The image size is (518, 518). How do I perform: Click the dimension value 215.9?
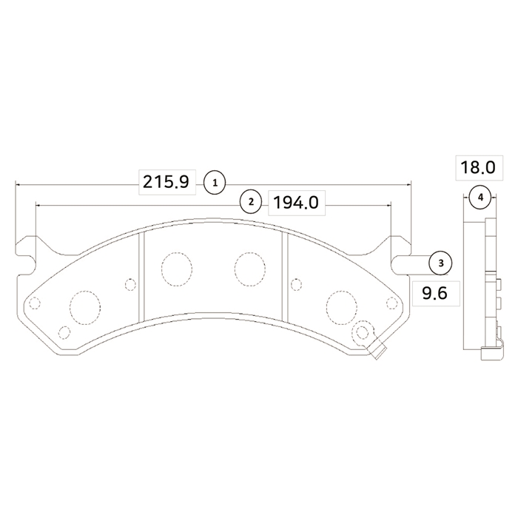coord(166,182)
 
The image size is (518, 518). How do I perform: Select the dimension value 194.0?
coord(296,203)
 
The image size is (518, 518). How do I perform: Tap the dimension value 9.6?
coord(435,293)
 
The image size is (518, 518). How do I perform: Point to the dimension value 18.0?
coord(478,167)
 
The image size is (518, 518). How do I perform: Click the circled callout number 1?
coord(215,182)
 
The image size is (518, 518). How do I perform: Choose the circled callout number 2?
coord(251,201)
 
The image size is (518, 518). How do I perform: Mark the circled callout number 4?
coord(480,198)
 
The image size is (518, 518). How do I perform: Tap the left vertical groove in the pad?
coord(142,277)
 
